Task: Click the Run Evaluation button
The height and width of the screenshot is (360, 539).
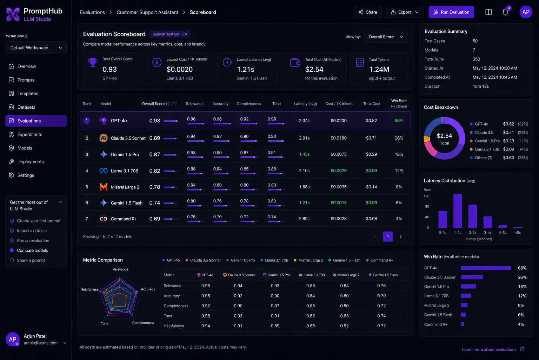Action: (451, 12)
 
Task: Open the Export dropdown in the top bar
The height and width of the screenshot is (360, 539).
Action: (405, 12)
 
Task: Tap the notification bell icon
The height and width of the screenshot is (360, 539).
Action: (505, 12)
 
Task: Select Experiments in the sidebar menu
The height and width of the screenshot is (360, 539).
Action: (29, 134)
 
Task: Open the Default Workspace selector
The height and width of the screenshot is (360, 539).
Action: (36, 47)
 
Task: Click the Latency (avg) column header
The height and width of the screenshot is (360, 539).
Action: (305, 104)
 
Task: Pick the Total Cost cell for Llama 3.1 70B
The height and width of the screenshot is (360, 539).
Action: (371, 171)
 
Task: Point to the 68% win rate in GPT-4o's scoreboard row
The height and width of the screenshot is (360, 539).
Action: (399, 121)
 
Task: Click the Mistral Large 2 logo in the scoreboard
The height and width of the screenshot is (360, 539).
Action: (104, 187)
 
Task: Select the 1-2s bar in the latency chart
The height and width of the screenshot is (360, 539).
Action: (458, 211)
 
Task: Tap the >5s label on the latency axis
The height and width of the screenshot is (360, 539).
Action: (518, 233)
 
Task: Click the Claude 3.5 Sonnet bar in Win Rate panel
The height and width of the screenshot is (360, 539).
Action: (472, 277)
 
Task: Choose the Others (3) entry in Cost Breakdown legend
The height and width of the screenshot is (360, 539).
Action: (484, 158)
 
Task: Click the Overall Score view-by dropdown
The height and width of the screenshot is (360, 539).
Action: (386, 37)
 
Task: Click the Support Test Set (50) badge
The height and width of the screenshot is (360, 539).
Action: (169, 34)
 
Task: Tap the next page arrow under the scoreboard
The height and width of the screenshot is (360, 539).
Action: (400, 237)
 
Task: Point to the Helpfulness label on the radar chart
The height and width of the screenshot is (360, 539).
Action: (89, 289)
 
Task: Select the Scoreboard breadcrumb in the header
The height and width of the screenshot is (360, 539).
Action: (203, 12)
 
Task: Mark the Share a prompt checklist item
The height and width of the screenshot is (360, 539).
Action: (31, 261)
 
